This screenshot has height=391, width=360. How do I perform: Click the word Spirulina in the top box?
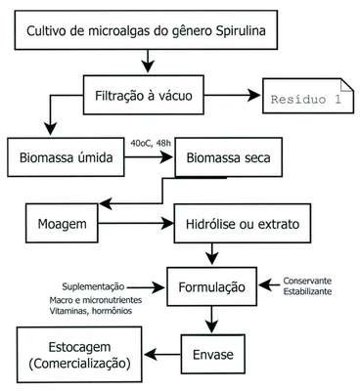tap(241, 31)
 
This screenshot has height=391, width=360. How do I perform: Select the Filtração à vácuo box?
tap(144, 95)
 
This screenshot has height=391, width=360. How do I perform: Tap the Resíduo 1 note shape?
tap(308, 96)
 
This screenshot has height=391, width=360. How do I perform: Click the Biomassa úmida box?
tap(66, 157)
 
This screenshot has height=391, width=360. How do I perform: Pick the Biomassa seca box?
tap(228, 157)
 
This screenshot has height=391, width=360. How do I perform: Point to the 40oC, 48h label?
tap(151, 144)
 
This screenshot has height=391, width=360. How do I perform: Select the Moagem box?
tap(62, 224)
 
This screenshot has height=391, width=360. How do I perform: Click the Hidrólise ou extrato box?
tap(243, 224)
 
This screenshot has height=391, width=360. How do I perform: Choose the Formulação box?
tap(212, 286)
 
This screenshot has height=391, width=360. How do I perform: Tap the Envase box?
tap(213, 354)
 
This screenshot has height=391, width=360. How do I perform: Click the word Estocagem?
tap(79, 347)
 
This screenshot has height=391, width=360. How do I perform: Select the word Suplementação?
tap(93, 286)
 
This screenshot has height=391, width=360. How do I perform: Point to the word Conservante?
tap(307, 281)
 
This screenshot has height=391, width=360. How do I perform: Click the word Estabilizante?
tap(307, 291)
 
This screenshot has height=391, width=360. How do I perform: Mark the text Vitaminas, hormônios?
tap(91, 311)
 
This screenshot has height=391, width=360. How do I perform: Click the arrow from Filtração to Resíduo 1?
tap(232, 96)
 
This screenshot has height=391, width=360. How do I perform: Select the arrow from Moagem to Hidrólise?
tap(136, 224)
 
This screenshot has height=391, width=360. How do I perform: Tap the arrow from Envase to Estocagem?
tap(162, 354)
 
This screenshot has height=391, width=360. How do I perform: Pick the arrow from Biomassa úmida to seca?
tap(149, 157)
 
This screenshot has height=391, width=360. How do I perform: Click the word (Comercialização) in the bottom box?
tap(79, 364)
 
